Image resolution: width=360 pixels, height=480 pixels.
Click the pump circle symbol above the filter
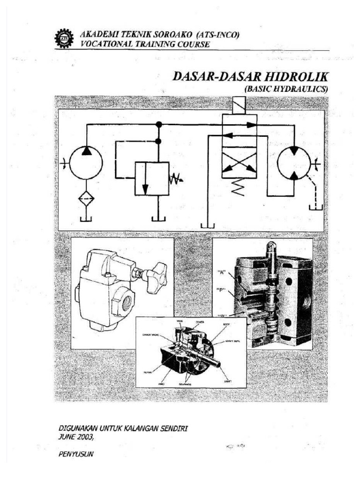point(86,162)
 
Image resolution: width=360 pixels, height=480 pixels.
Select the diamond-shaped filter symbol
point(86,198)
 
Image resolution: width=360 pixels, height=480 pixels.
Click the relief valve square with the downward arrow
point(152,179)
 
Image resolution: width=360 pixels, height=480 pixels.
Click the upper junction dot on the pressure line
point(159,125)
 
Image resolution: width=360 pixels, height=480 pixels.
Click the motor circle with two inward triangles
point(294,162)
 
